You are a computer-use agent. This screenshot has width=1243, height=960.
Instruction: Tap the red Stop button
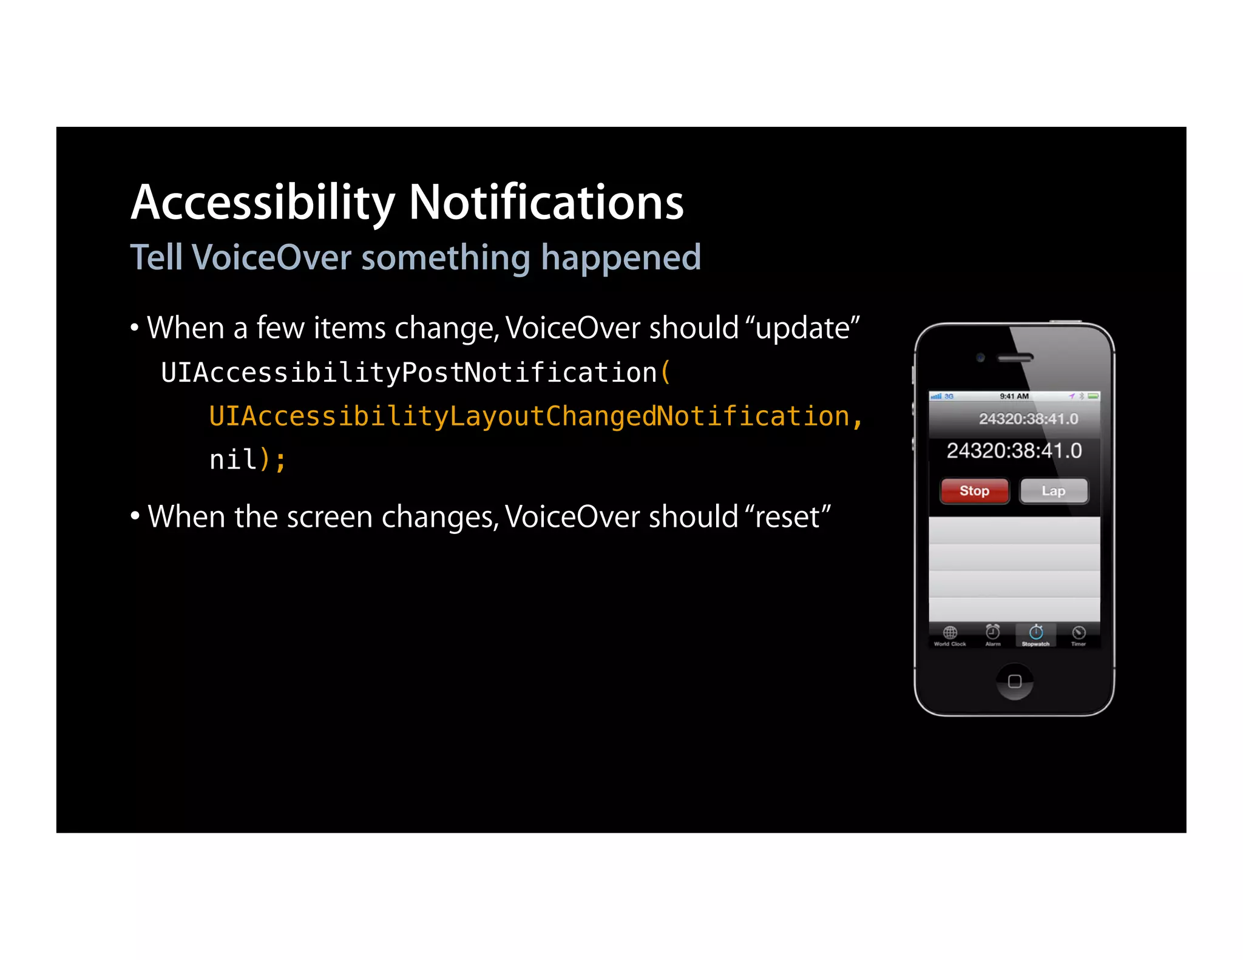point(974,491)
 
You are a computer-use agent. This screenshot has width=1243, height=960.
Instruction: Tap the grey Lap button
point(1054,491)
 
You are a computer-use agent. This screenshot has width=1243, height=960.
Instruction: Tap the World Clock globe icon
point(950,632)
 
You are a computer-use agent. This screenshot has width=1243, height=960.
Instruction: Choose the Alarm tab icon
point(993,632)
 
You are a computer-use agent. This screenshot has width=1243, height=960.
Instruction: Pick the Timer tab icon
point(1079,632)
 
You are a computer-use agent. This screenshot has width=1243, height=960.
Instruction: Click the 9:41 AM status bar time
point(1014,396)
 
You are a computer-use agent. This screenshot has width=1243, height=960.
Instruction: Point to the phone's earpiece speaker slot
point(1015,358)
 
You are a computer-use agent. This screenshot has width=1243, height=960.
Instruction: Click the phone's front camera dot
point(980,357)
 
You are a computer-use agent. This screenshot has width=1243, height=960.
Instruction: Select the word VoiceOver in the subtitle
point(271,257)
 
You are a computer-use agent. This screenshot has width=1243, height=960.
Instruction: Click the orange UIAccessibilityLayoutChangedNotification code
point(529,416)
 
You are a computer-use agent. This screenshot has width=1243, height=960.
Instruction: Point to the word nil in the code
point(233,460)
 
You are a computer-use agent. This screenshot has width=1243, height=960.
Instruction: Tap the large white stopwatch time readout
point(1014,451)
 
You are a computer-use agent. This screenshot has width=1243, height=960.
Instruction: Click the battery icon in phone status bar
point(1093,396)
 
